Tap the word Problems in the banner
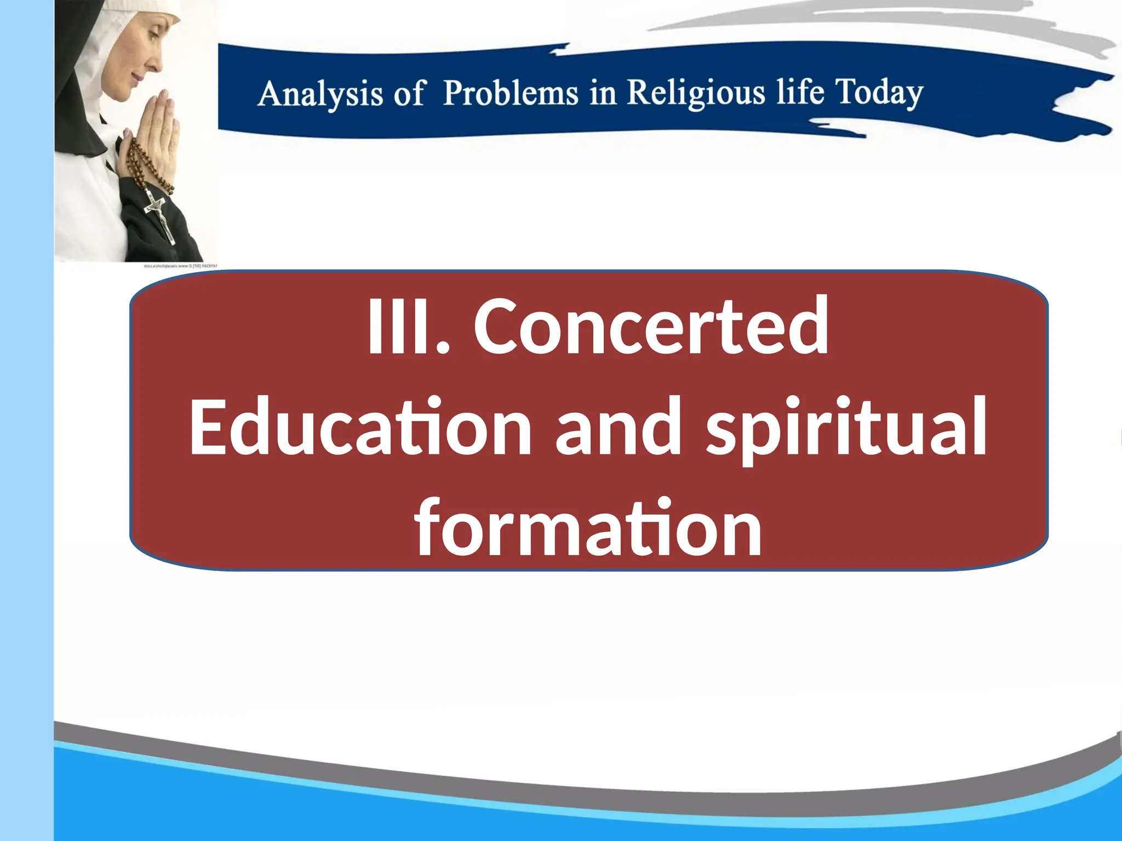click(510, 93)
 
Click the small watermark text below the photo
click(180, 266)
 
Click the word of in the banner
click(408, 94)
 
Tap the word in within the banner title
click(603, 93)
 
